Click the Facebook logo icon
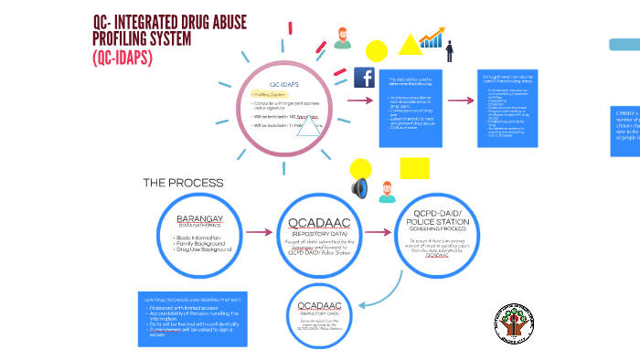point(364,78)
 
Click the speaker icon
point(359,189)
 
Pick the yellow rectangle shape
point(414,168)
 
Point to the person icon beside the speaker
point(386,191)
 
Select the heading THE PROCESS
point(183,183)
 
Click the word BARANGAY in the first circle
point(200,220)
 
